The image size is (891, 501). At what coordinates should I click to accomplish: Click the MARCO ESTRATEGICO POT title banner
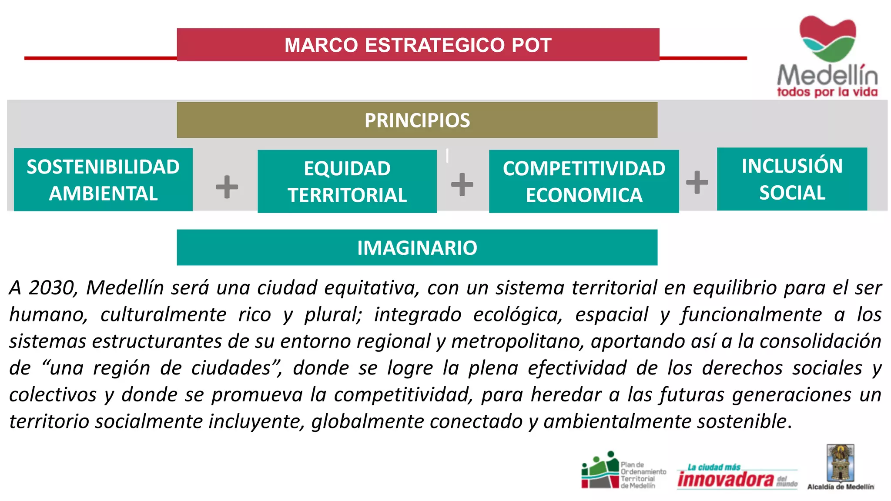click(x=418, y=45)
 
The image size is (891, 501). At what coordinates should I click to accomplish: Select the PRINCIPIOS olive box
click(x=417, y=120)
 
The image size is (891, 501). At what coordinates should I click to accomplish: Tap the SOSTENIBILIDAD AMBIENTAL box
click(x=103, y=180)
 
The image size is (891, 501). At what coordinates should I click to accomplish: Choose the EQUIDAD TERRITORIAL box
click(x=347, y=181)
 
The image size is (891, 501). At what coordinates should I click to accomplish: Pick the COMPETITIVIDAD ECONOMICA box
click(x=583, y=181)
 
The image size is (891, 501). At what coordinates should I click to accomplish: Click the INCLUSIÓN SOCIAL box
click(x=792, y=179)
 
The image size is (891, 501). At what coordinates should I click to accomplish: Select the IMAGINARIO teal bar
click(x=417, y=247)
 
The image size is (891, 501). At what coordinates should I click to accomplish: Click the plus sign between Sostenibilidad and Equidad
click(x=227, y=187)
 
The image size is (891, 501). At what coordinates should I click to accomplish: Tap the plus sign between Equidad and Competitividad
click(x=462, y=184)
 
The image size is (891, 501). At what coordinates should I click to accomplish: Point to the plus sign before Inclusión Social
click(x=697, y=182)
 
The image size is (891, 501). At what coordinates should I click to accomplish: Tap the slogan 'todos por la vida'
click(x=827, y=92)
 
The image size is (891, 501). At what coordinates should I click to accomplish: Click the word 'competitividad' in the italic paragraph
click(x=403, y=395)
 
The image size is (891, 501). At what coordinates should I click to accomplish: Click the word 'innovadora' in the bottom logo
click(x=725, y=479)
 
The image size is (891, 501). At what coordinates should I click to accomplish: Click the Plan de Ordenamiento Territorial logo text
click(x=643, y=475)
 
